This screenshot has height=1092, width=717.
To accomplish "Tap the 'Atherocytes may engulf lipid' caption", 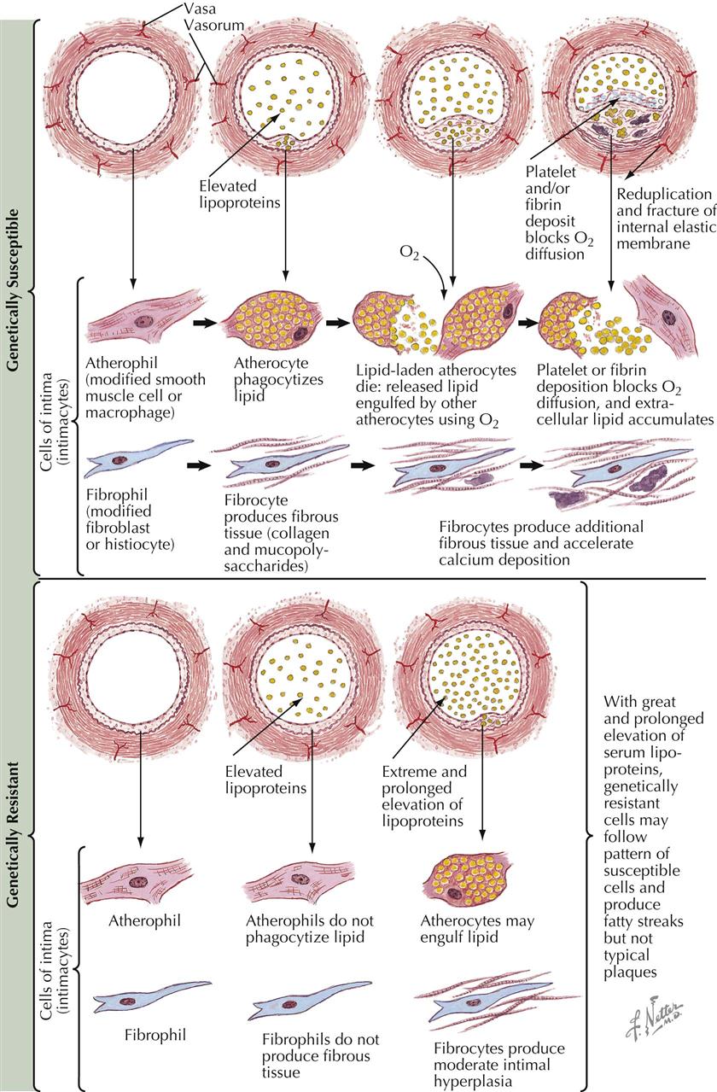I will pos(466,930).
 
